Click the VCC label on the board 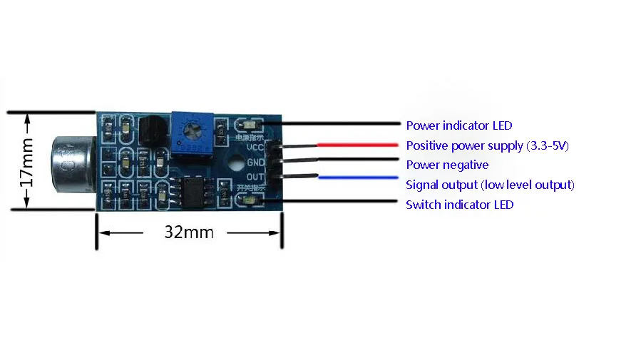[256, 148]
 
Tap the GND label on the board [256, 162]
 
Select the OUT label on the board [256, 176]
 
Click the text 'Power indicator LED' [458, 125]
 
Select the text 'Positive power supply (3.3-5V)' [487, 145]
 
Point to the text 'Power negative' [447, 165]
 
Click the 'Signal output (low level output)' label [490, 185]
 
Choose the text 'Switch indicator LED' [459, 205]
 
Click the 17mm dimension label [26, 161]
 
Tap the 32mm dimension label [189, 232]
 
